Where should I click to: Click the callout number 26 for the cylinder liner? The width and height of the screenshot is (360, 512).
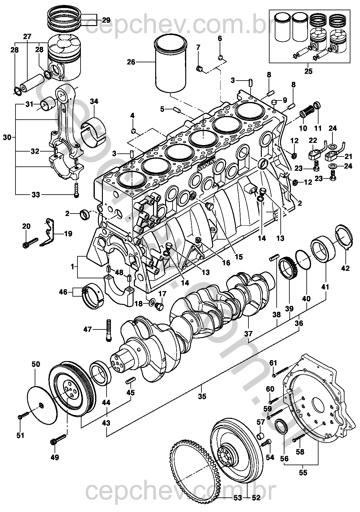pyautogui.click(x=131, y=62)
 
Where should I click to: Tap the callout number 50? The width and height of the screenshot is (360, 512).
pyautogui.click(x=36, y=364)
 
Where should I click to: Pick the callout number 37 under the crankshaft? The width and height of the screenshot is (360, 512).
pyautogui.click(x=248, y=334)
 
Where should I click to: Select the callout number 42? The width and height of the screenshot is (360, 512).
pyautogui.click(x=345, y=268)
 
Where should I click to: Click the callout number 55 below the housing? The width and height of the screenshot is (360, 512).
pyautogui.click(x=303, y=473)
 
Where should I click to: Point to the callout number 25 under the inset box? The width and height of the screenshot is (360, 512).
pyautogui.click(x=308, y=72)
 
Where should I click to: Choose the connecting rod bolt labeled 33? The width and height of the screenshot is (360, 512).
pyautogui.click(x=76, y=189)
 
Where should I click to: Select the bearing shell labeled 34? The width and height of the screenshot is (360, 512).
pyautogui.click(x=94, y=130)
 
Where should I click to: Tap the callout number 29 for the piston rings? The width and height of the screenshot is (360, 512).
pyautogui.click(x=106, y=20)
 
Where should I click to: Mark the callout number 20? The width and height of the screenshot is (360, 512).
pyautogui.click(x=26, y=227)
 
